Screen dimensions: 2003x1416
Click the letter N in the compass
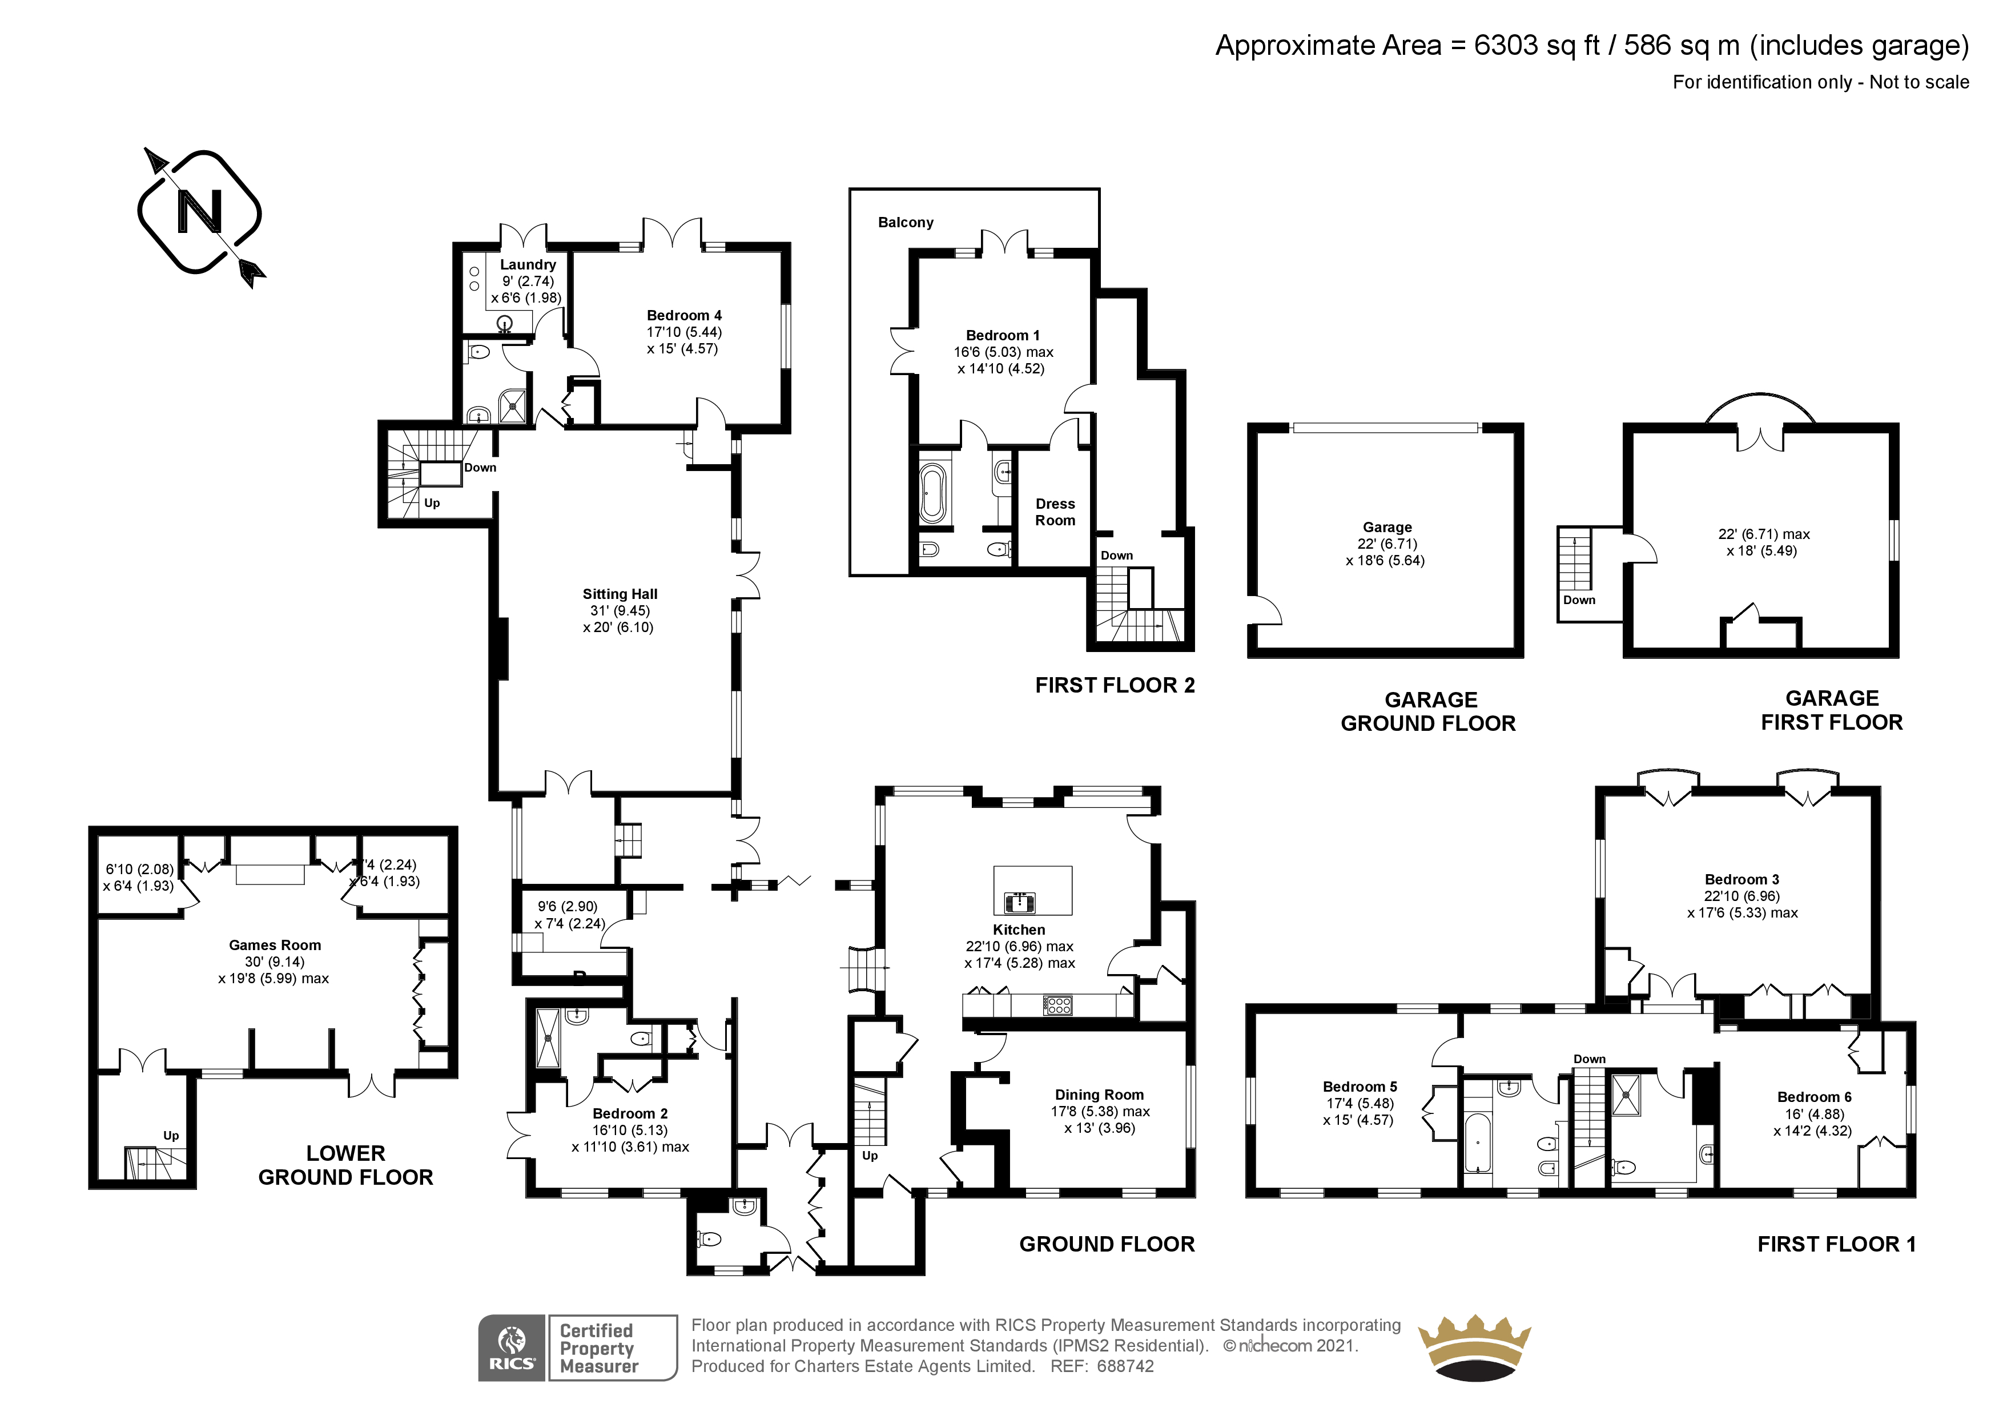point(200,212)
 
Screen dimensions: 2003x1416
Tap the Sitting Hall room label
point(620,594)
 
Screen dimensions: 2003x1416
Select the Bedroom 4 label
point(684,316)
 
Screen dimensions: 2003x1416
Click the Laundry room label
point(528,264)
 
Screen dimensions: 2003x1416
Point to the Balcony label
point(906,223)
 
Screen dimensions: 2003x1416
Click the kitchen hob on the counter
point(1057,1005)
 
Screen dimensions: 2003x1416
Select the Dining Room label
point(1099,1095)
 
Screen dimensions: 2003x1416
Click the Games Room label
point(275,945)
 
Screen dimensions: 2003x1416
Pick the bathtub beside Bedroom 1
point(932,494)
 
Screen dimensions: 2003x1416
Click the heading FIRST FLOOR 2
point(1115,686)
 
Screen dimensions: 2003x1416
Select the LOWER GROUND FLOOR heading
point(345,1165)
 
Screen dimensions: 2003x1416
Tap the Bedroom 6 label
point(1815,1097)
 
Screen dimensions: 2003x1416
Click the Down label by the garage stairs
point(1579,600)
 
